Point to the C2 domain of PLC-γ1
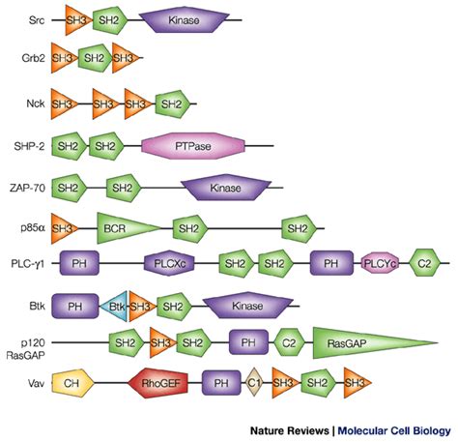coord(424,262)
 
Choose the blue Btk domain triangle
coord(117,306)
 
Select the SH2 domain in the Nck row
coord(171,102)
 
